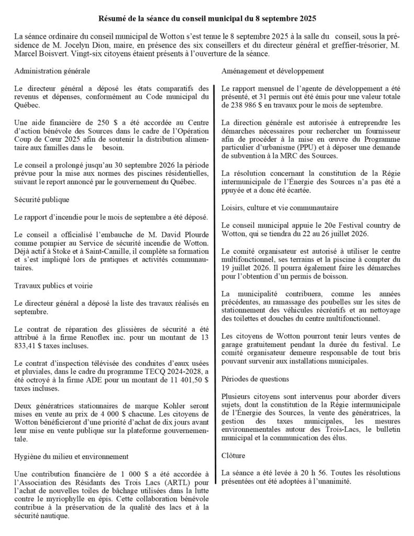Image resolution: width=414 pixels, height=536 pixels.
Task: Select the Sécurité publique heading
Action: pyautogui.click(x=42, y=200)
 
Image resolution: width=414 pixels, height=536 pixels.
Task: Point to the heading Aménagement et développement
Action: pyautogui.click(x=272, y=71)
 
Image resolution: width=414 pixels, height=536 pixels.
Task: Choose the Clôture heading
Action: pyautogui.click(x=233, y=456)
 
